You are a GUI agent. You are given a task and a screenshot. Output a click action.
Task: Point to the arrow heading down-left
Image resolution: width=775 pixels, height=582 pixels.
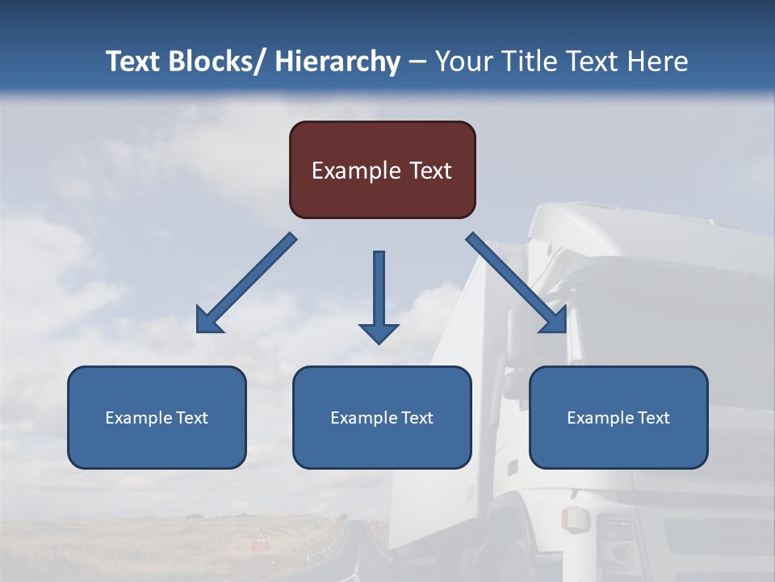[x=245, y=283]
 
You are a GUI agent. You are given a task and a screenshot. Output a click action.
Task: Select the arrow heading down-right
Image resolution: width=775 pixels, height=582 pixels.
[x=517, y=283]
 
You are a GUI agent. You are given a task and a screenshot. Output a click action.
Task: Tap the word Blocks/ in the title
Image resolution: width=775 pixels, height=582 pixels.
[x=214, y=61]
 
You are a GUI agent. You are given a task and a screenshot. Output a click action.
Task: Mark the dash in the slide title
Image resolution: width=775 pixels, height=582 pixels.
[x=417, y=61]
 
